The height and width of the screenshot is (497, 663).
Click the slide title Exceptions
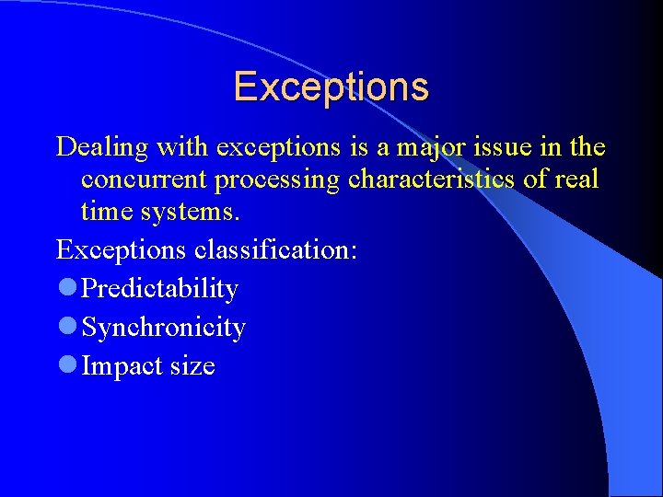tap(331, 87)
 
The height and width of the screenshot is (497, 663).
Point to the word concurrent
tap(144, 179)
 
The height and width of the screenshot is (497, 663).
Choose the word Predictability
tap(160, 289)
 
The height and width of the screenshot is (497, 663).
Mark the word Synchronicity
tap(164, 328)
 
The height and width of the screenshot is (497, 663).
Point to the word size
tap(192, 366)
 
